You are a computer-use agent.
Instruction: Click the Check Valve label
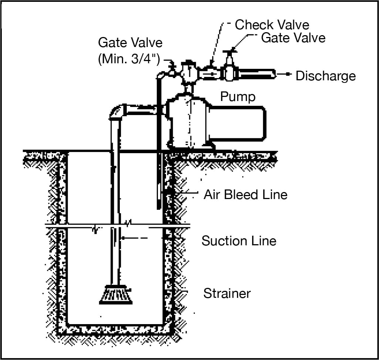[x=272, y=25]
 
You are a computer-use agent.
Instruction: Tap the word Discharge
[x=325, y=76]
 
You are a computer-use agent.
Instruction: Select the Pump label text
[x=237, y=97]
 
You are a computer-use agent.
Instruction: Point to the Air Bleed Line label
[x=246, y=194]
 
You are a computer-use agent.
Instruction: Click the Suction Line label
[x=238, y=241]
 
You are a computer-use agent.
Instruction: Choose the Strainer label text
[x=227, y=294]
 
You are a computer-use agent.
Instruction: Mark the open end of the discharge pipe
[x=274, y=74]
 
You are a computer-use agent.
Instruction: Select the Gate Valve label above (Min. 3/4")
[x=130, y=43]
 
